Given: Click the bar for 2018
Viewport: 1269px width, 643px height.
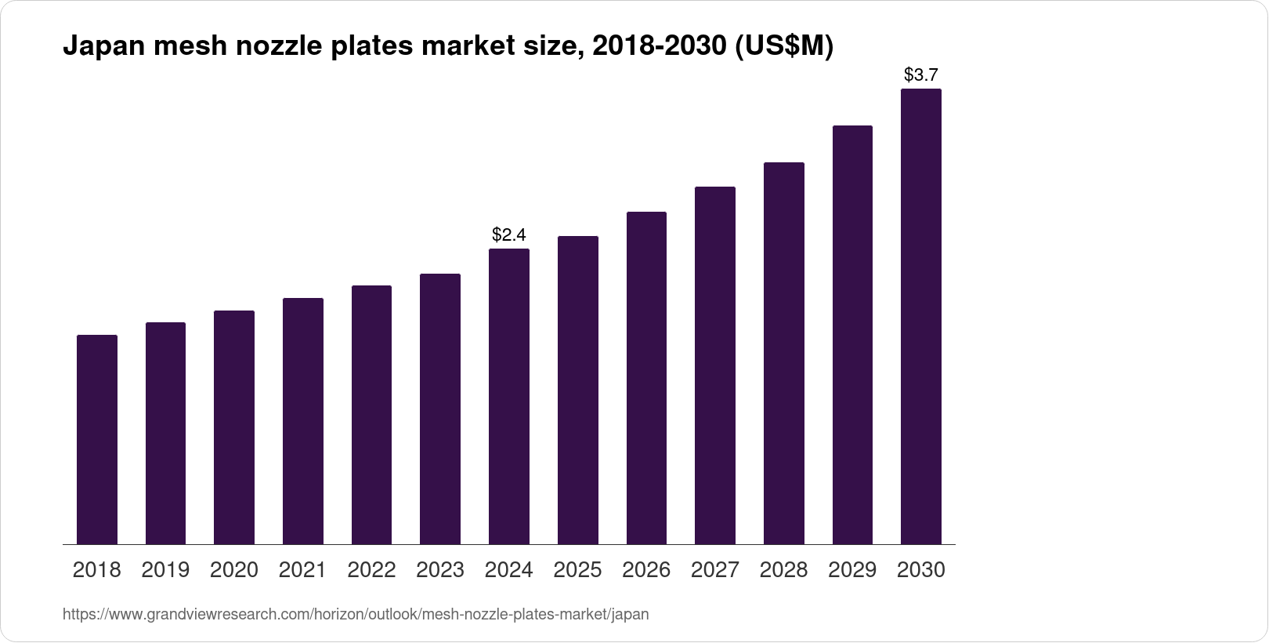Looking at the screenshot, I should pos(97,439).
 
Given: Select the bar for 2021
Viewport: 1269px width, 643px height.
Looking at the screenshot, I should pos(303,421).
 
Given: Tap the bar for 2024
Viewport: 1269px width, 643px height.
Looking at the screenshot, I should pos(509,396).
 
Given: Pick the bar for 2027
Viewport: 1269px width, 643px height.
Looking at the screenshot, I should pos(715,365).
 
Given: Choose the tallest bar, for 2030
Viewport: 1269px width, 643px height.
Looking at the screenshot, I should pos(921,316).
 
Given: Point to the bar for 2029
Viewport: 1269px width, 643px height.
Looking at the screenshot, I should pos(852,335).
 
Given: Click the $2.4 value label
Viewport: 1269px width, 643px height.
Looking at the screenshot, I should pos(509,234).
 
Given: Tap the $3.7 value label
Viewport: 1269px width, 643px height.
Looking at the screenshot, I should pos(921,75).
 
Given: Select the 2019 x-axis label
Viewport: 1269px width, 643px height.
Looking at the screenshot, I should pos(165,570).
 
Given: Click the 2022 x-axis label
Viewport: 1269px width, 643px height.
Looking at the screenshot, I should pos(371,570).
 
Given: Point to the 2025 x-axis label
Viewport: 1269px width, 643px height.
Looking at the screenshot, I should pos(577,570).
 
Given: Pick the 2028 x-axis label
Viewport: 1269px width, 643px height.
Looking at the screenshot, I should pos(783,570).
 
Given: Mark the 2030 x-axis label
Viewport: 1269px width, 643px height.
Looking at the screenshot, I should pos(921,570).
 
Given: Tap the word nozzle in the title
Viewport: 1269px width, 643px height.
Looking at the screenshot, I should pos(277,47).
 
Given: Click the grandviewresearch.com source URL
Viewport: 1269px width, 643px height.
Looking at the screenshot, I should pos(356,615).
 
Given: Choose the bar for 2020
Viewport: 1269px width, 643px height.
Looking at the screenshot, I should pos(234,427).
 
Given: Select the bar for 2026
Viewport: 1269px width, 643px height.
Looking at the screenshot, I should pos(646,378).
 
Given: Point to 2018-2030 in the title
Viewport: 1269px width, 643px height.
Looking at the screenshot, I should pos(658,47).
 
